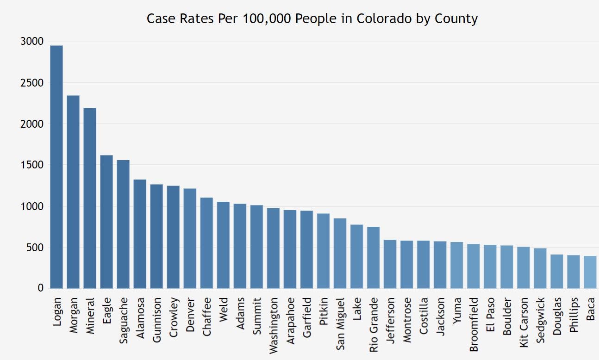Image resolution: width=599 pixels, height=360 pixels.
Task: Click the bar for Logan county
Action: point(56,167)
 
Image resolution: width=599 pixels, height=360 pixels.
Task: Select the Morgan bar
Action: point(73,192)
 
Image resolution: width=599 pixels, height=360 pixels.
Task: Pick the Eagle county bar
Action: point(106,222)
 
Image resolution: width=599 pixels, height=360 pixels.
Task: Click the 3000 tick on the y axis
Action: point(32,41)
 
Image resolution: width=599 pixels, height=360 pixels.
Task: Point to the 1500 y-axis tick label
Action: point(32,165)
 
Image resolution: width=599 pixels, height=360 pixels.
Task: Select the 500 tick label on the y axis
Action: point(34,248)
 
